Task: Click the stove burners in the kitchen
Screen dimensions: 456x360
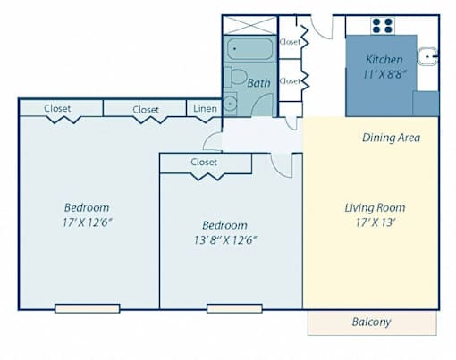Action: click(x=383, y=26)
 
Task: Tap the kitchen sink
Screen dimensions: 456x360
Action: click(x=427, y=56)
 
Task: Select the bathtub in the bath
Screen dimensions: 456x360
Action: click(x=249, y=49)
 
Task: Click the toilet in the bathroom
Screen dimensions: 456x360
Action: click(x=235, y=77)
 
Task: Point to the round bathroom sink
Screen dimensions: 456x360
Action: click(x=230, y=104)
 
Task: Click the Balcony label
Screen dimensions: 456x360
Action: click(x=371, y=322)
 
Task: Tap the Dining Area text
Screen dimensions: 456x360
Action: click(x=392, y=138)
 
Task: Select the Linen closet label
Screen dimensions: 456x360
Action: click(x=205, y=109)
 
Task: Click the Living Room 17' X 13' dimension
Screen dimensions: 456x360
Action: click(x=376, y=222)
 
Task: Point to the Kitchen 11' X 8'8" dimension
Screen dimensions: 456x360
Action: click(x=384, y=74)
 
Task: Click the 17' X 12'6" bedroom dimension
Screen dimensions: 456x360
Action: click(x=87, y=222)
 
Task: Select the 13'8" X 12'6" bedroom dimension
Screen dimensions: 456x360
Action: click(x=225, y=239)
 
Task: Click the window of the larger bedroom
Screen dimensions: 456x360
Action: click(x=88, y=308)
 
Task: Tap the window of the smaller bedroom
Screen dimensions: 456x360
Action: click(x=234, y=308)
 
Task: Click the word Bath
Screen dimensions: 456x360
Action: click(x=258, y=83)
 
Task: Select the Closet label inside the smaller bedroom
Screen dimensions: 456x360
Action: click(x=204, y=163)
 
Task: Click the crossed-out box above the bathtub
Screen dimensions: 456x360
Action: click(x=249, y=26)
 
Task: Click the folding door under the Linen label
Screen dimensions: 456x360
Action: click(x=205, y=120)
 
